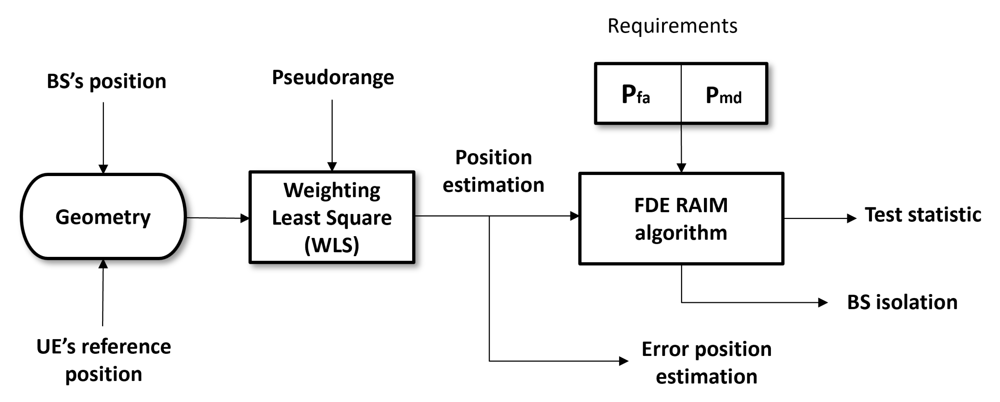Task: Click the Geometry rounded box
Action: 103,217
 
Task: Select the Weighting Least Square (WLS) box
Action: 332,217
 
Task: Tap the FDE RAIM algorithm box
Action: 681,219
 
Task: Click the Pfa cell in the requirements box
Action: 637,94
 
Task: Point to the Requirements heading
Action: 672,26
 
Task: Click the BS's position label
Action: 106,82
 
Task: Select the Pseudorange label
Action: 333,77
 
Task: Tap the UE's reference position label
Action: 103,360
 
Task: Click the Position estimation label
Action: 493,171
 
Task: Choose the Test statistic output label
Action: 923,214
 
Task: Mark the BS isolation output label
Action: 902,302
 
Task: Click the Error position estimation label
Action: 706,362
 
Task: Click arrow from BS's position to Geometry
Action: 103,136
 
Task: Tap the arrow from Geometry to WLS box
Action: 218,218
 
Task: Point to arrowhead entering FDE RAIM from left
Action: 574,216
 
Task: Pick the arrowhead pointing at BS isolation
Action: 823,302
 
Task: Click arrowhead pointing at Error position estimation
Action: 623,361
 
